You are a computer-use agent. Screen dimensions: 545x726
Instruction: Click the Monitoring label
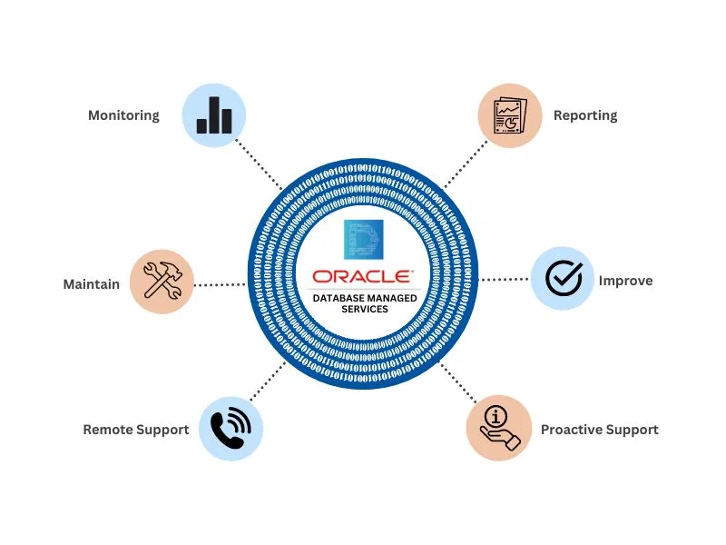(123, 115)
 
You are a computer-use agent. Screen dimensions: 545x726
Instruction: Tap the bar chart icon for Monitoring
(214, 115)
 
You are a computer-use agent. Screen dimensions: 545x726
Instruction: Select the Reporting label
(584, 115)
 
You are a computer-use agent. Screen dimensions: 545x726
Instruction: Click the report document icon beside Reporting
(510, 115)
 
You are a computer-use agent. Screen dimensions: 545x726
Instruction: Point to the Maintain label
(91, 284)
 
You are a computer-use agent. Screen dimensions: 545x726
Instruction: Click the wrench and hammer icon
(162, 282)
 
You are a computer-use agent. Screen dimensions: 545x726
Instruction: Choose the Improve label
(625, 281)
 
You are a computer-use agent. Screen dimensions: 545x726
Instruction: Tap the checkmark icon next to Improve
(563, 279)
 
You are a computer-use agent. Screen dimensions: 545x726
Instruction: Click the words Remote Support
(135, 430)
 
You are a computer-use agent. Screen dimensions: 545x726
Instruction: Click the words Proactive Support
(599, 430)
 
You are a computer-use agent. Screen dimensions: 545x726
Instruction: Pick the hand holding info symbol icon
(499, 428)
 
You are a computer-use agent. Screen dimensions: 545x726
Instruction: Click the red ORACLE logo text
(362, 276)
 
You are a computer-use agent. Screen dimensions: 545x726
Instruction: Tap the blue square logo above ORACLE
(363, 242)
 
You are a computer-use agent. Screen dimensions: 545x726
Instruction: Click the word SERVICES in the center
(364, 309)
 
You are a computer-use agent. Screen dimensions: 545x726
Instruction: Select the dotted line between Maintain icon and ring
(220, 284)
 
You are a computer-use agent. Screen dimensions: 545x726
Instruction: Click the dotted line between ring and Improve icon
(505, 280)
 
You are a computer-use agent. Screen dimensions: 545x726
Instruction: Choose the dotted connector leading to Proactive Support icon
(458, 381)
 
